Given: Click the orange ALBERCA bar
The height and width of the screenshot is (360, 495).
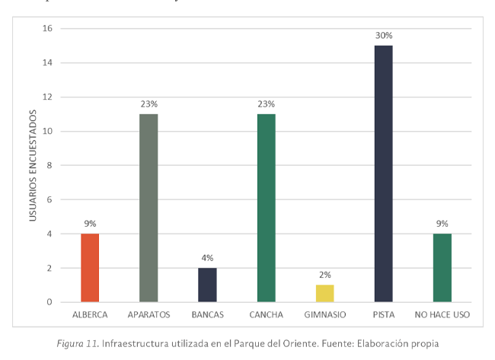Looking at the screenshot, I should pyautogui.click(x=90, y=268).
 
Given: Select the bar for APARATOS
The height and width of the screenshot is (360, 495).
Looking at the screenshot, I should pyautogui.click(x=148, y=208).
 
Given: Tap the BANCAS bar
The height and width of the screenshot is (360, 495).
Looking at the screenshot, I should pyautogui.click(x=207, y=285).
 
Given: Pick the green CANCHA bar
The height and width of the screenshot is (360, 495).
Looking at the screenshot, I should pyautogui.click(x=266, y=208).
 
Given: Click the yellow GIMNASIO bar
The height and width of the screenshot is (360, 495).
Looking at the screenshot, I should pyautogui.click(x=324, y=293).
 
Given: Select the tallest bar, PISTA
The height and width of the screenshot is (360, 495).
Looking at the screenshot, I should pyautogui.click(x=383, y=174).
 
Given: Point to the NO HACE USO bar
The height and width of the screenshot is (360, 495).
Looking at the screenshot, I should pyautogui.click(x=442, y=268).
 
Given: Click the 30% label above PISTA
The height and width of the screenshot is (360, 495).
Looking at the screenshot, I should pyautogui.click(x=383, y=35).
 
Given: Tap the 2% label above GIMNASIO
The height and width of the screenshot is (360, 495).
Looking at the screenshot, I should pyautogui.click(x=324, y=275).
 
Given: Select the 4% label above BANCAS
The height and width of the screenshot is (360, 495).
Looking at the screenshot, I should pyautogui.click(x=207, y=257).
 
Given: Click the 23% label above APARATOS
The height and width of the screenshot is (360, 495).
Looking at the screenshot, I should pyautogui.click(x=148, y=104).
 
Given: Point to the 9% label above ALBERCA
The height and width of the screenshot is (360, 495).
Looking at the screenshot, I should pyautogui.click(x=90, y=224).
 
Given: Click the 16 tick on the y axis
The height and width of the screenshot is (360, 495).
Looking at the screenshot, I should pyautogui.click(x=47, y=29).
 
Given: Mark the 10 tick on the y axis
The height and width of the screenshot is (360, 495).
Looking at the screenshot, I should pyautogui.click(x=47, y=131).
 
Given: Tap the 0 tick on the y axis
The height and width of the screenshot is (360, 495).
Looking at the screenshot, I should pyautogui.click(x=49, y=302).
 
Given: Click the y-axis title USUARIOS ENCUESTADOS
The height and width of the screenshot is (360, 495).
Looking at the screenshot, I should pyautogui.click(x=33, y=165).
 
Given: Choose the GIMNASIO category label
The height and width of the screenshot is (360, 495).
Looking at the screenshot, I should pyautogui.click(x=324, y=314).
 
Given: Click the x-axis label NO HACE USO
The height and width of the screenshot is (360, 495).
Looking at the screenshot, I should pyautogui.click(x=442, y=314).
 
